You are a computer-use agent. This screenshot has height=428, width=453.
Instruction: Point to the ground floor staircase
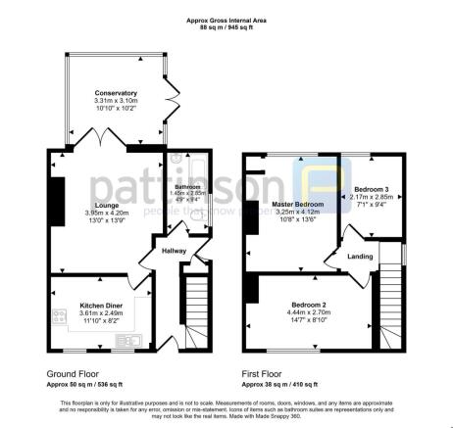[196, 304]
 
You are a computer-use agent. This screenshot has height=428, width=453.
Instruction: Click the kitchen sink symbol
[127, 342]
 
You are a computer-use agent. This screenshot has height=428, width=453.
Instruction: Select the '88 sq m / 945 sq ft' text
[226, 28]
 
